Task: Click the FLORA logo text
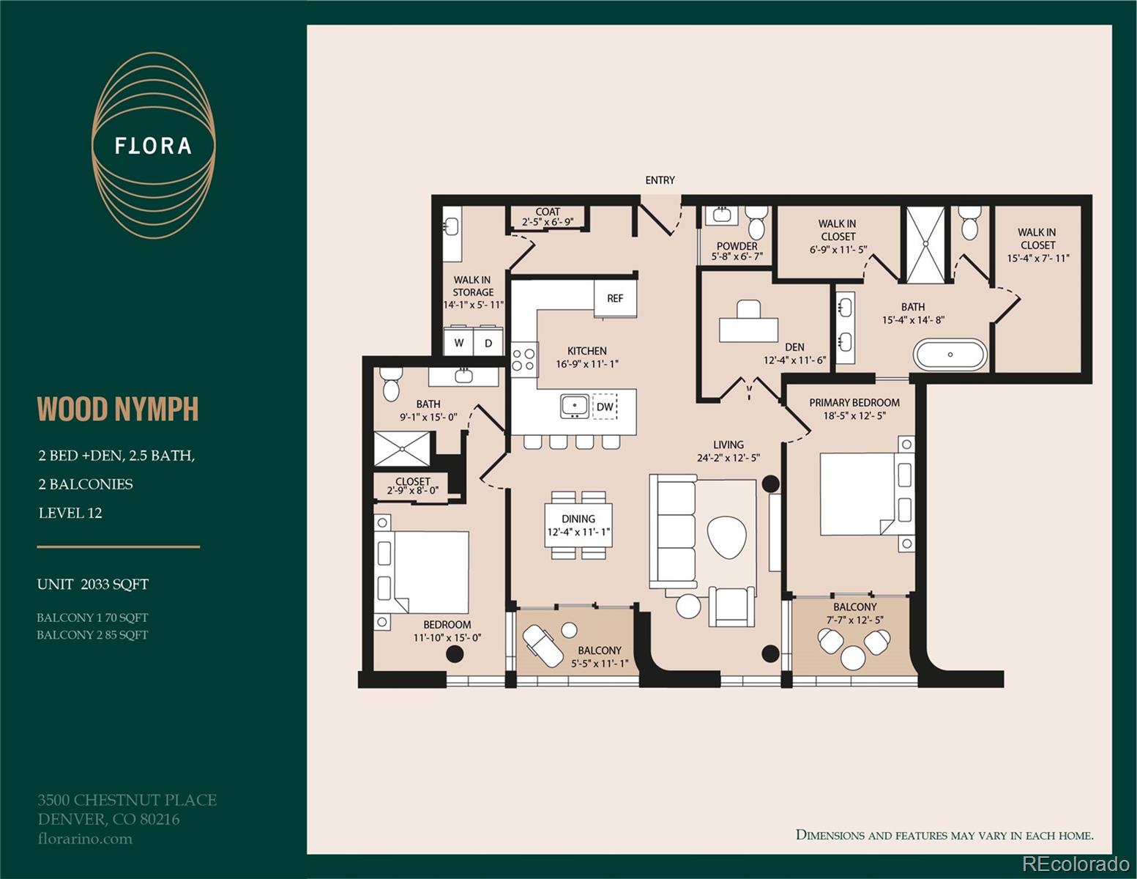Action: (x=153, y=146)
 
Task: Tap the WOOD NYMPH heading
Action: (x=118, y=409)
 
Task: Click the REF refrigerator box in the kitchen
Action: (x=615, y=298)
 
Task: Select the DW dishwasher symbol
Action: (x=605, y=407)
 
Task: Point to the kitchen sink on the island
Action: (x=575, y=407)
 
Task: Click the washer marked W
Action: (x=459, y=342)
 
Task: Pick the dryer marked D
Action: (x=488, y=342)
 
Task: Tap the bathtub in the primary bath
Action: (x=950, y=355)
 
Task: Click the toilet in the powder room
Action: (x=756, y=222)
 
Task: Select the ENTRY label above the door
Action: (x=660, y=180)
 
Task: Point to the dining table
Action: (x=578, y=525)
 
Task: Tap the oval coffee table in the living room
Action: (x=727, y=537)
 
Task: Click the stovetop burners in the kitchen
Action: (x=523, y=359)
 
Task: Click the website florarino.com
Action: (x=85, y=839)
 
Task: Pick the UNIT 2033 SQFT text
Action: (x=92, y=585)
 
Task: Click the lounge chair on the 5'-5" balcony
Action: (x=543, y=646)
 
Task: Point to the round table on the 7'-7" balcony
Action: (x=853, y=658)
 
